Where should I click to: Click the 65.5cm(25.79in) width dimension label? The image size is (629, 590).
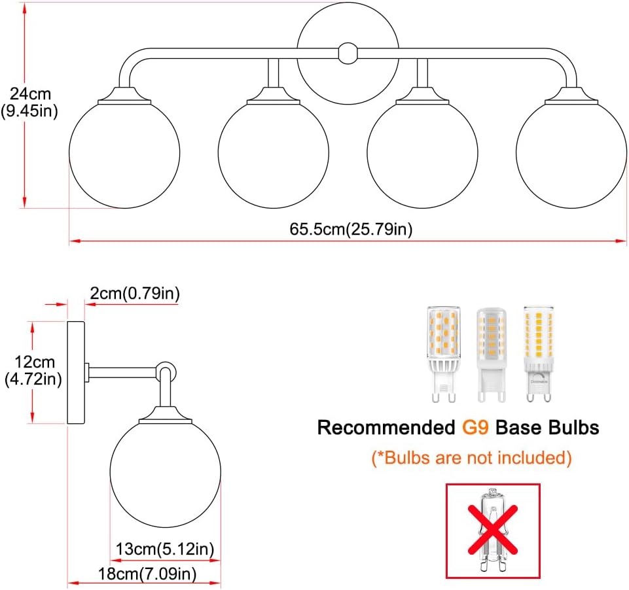click(350, 229)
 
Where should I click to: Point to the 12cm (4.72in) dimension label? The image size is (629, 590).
click(32, 370)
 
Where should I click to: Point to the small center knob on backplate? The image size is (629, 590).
click(347, 54)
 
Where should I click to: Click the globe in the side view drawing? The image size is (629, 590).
click(165, 475)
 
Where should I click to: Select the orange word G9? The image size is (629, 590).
click(471, 428)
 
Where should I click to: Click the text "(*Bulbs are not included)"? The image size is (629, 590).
click(471, 458)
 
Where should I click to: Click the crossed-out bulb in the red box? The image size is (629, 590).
click(493, 530)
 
